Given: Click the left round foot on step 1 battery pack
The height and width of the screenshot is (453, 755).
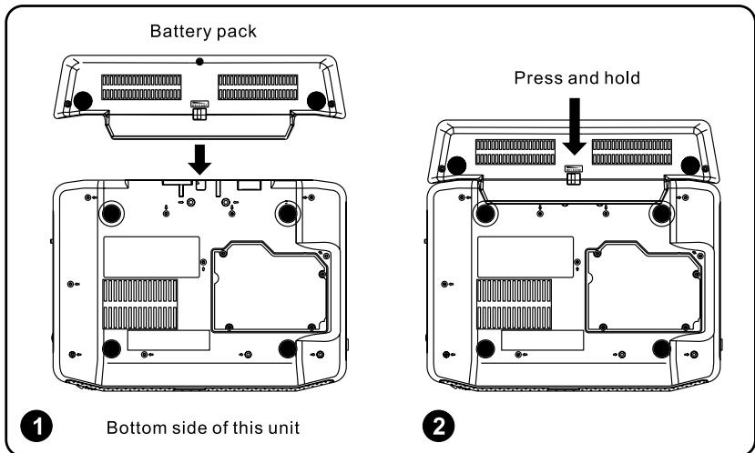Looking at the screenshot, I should [83, 99].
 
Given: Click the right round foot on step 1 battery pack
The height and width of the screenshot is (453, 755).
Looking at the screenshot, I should [319, 99].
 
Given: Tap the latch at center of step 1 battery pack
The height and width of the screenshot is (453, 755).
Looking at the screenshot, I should [198, 106].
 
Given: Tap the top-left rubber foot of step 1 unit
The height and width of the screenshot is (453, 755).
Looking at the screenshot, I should [110, 212].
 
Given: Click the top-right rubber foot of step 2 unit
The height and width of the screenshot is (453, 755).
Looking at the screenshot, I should [662, 212].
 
